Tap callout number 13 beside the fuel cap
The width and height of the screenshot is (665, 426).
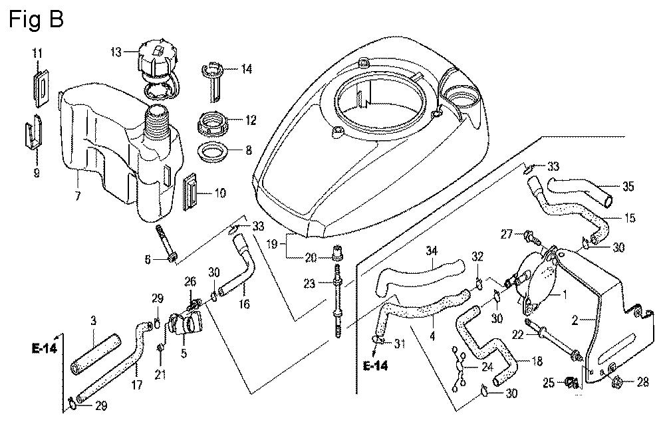coord(116,53)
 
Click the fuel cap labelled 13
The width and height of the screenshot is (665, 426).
coord(156,61)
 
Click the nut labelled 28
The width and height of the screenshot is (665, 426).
coord(615,381)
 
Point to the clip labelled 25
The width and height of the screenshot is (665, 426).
coord(570,382)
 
